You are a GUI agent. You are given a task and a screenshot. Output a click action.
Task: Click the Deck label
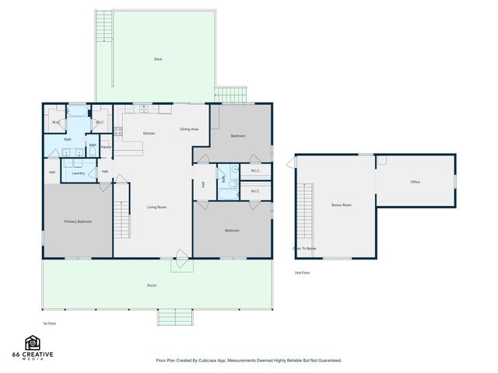158,59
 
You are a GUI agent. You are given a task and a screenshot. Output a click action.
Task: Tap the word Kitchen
149,134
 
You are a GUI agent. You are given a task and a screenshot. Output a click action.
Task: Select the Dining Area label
189,129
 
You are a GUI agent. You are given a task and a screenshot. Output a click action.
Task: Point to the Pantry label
106,147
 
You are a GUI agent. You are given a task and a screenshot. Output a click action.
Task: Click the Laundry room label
78,173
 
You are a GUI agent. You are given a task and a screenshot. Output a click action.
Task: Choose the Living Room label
157,207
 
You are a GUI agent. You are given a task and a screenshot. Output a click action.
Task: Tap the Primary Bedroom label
78,222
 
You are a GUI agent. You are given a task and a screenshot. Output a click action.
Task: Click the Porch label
152,286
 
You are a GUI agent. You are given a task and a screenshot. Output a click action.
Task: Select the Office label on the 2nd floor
416,182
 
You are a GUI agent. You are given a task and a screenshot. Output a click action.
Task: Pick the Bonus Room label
341,205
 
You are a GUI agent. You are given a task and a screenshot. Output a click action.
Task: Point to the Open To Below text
304,249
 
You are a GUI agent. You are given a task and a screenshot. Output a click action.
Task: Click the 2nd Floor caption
302,273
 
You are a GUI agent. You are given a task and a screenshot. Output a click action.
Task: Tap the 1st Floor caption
50,323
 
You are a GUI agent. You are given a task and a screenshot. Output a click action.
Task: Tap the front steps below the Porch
175,318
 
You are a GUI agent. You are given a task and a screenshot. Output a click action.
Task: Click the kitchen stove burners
118,131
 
